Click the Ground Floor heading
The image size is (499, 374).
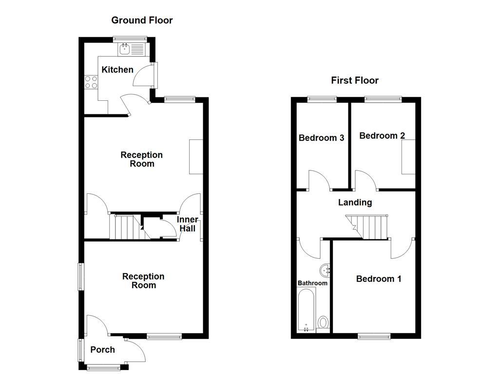point(142,20)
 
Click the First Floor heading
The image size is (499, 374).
point(354,80)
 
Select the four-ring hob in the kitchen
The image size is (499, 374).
point(91,82)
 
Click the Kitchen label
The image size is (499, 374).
point(117,70)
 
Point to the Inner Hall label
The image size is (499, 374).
point(188,224)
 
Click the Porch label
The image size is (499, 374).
point(103,350)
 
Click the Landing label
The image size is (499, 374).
point(355,203)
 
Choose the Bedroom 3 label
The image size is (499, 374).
point(321,138)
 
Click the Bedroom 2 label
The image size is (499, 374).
point(382,136)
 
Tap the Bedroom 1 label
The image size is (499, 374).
point(379,279)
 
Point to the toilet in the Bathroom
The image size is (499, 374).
point(323,322)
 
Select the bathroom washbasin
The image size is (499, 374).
point(326,269)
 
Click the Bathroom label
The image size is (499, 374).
point(312,283)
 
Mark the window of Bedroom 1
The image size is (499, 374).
point(374,336)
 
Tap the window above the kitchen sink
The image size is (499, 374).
point(130,38)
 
